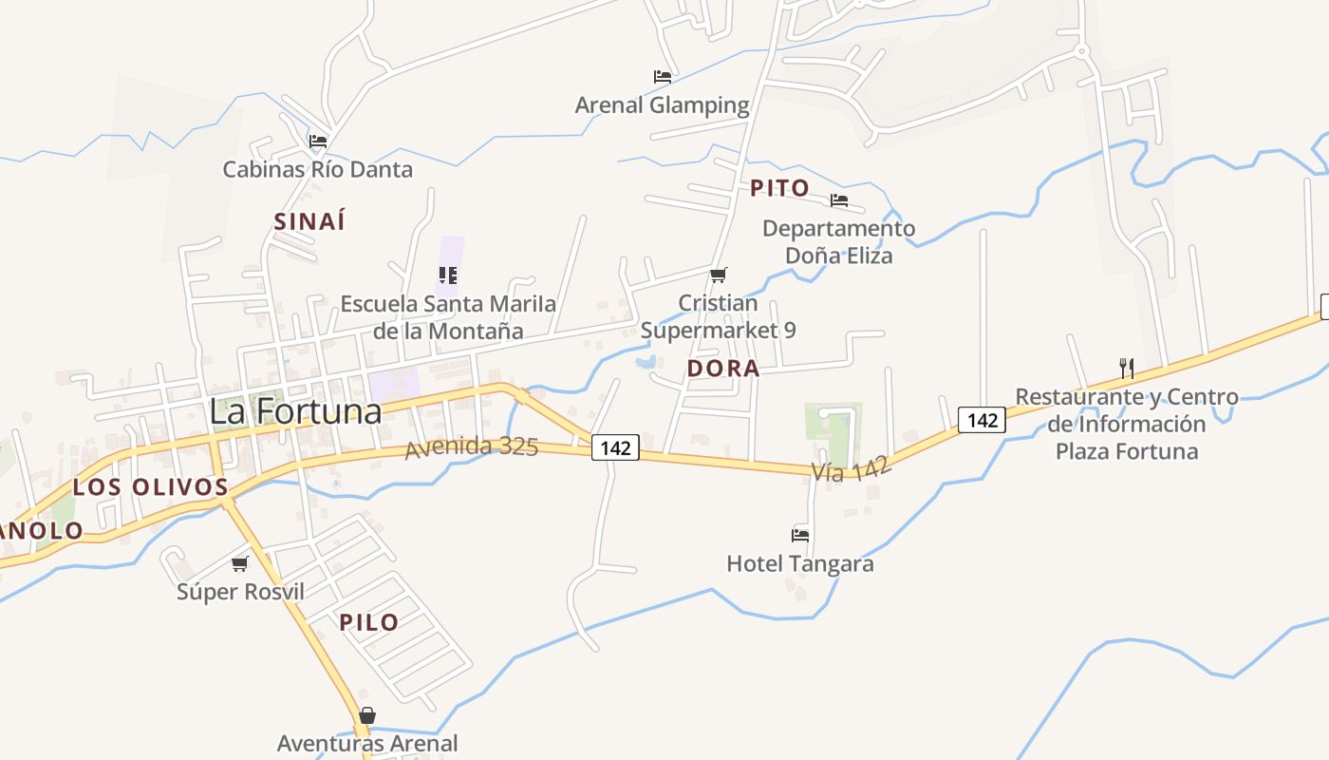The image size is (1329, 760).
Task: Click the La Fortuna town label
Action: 295,411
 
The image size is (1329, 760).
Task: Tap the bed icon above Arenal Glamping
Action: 663,77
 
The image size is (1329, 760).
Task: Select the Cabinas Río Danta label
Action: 317,170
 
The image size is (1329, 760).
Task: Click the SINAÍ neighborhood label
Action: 309,221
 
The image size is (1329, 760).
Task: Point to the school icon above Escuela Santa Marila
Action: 448,275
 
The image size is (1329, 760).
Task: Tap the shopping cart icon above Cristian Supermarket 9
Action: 719,275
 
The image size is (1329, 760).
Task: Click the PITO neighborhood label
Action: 779,188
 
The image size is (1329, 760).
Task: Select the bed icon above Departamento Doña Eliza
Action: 839,200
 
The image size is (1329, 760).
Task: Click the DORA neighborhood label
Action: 723,369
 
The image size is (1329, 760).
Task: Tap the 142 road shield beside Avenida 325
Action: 615,447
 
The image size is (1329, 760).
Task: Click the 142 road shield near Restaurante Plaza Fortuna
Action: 981,419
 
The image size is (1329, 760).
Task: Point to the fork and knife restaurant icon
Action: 1127,369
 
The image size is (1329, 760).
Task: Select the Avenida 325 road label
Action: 472,446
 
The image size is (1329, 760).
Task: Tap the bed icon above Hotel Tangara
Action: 800,536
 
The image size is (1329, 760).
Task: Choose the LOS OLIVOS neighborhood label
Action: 151,487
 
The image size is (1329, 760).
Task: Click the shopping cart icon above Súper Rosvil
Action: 240,563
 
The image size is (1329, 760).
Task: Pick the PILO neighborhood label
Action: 369,622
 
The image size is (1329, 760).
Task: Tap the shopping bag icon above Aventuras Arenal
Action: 367,715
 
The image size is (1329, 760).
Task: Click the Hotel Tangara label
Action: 800,563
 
